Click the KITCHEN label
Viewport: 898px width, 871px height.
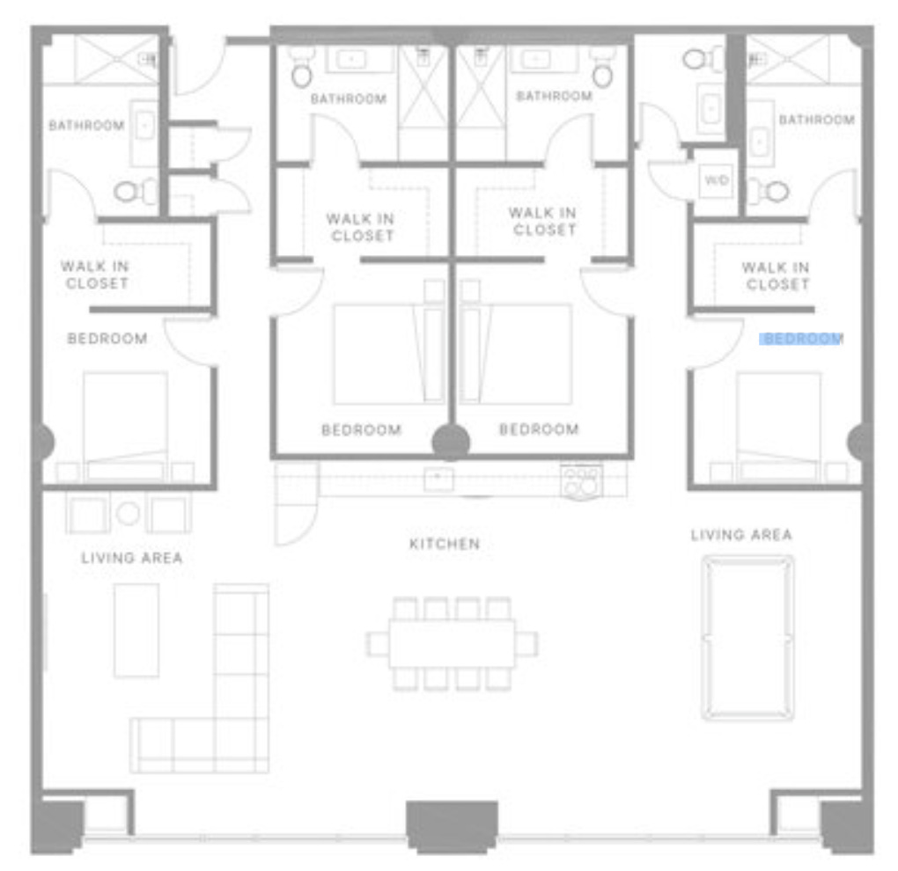tap(445, 544)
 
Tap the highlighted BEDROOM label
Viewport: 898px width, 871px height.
tap(801, 339)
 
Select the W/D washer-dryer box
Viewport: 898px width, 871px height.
tap(717, 180)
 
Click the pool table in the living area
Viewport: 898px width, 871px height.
tap(748, 638)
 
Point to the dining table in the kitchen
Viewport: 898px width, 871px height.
tap(452, 643)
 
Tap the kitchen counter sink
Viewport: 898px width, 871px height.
tap(438, 479)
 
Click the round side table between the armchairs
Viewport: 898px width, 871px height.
tap(128, 513)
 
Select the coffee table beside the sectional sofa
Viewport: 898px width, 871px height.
tap(136, 630)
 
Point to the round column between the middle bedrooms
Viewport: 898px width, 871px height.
tap(452, 442)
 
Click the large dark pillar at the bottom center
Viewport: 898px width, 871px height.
tap(452, 826)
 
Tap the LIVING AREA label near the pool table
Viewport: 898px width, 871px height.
tap(741, 535)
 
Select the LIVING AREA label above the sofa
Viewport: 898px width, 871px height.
tap(132, 558)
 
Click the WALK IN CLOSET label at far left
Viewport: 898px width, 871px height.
tap(95, 274)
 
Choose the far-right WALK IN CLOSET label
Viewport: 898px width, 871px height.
tap(776, 276)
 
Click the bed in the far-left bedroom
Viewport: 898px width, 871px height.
tap(125, 426)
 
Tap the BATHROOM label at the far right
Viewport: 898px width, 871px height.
tap(817, 120)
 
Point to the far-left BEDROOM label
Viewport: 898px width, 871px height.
tap(107, 339)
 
